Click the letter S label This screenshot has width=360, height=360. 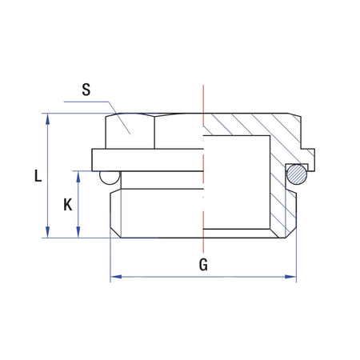tap(86, 90)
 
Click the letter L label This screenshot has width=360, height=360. tap(38, 176)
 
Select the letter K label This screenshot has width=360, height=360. tap(67, 205)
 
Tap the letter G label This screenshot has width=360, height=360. tap(203, 265)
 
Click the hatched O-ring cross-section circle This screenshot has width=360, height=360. tap(297, 174)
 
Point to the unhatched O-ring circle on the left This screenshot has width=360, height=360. tap(110, 177)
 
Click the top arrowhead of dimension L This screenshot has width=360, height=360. tap(48, 119)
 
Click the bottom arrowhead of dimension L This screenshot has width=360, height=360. tap(48, 232)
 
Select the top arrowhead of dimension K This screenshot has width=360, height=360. tap(78, 177)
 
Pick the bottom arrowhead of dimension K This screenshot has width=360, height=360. tap(78, 232)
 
